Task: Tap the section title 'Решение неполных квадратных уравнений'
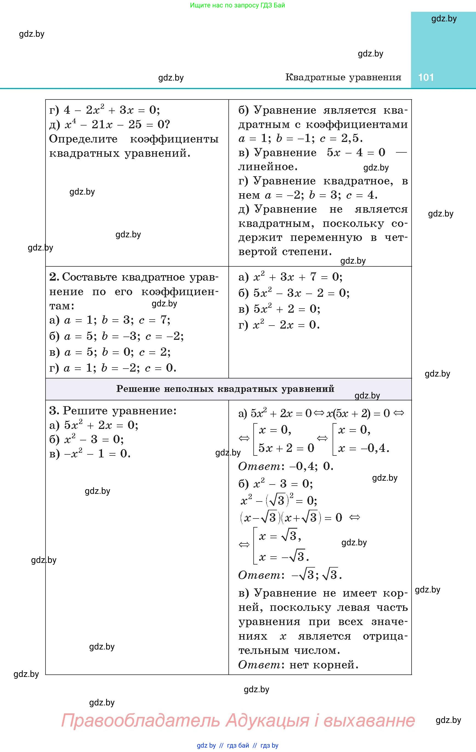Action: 225,389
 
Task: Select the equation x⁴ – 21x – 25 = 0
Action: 117,125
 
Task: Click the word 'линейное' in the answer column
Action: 268,167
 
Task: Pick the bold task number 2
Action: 54,277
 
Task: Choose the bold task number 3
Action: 54,411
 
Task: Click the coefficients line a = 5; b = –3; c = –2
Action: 123,336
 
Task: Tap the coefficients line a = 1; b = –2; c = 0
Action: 120,368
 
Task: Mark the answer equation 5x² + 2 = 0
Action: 287,309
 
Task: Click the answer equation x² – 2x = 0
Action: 286,325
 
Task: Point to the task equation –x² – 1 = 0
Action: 97,454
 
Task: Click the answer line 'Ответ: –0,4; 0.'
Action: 286,466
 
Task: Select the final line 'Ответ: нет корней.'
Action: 298,665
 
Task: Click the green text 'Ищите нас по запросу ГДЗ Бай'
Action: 237,5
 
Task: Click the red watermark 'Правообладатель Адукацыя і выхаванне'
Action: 238,720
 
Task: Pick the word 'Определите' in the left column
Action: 83,139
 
